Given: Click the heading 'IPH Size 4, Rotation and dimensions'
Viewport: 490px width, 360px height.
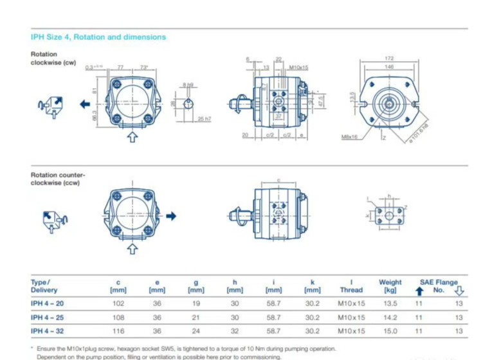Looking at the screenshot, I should (98, 37).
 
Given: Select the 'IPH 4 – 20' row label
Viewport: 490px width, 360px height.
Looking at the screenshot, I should (48, 303).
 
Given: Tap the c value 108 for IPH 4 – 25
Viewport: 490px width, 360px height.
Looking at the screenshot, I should (118, 317).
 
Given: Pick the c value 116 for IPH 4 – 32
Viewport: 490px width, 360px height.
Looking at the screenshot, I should (118, 331).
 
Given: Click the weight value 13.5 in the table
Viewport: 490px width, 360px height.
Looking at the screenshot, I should (390, 303).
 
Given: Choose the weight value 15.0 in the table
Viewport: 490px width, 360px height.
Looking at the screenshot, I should (390, 331).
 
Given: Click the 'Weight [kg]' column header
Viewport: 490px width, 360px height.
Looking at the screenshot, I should (390, 285).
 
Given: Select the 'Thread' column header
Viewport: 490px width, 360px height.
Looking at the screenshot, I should (351, 290).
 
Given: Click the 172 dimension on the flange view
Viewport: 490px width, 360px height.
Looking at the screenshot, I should (389, 59).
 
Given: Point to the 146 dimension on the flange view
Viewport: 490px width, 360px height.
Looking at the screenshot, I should (389, 66).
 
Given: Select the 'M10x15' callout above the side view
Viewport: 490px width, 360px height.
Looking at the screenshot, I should (298, 67).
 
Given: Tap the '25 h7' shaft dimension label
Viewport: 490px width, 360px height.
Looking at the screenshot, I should (204, 119).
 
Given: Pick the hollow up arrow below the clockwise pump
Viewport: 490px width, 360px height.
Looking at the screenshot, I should (132, 136).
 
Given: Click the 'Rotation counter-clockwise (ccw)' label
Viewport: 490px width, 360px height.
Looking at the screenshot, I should (58, 179).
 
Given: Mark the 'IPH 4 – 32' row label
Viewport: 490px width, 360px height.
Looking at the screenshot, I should (48, 331).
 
